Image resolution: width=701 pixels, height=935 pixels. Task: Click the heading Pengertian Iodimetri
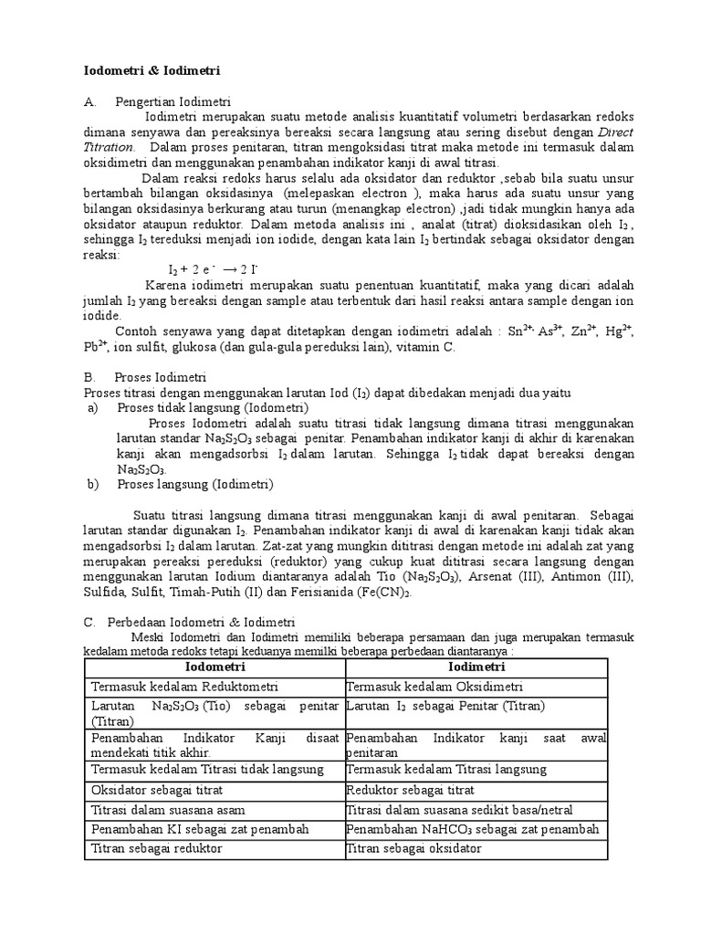coord(173,102)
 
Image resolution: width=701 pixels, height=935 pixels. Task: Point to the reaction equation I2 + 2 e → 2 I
coord(214,270)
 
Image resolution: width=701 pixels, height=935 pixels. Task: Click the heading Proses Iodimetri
coord(161,376)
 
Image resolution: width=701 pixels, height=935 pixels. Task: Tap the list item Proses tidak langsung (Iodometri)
coord(213,407)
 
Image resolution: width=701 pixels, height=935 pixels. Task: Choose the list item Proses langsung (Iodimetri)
coord(195,484)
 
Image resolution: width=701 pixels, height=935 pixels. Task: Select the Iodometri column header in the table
coord(215,668)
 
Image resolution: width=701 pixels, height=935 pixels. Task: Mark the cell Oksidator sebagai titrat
coord(157,789)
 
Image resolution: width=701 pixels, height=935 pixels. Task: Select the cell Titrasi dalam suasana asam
coord(168,809)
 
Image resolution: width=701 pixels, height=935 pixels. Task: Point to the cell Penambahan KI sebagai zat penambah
coord(200,829)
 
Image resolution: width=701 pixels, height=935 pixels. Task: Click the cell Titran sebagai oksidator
coord(415,849)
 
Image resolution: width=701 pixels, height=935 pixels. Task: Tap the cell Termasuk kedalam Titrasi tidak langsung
coord(207,770)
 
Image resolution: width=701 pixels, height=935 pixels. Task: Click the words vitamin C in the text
coord(408,347)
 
